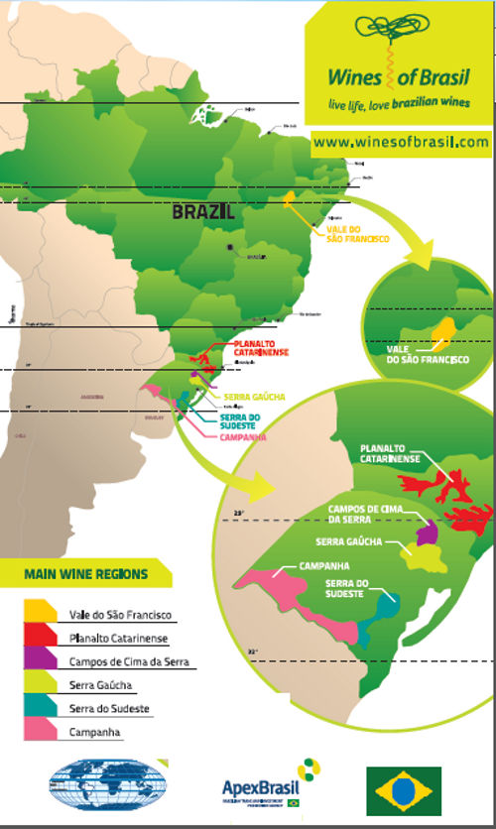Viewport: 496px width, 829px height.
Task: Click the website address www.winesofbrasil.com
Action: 401,143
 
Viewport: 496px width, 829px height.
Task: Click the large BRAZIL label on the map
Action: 202,211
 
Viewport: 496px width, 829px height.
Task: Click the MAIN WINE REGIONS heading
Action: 87,573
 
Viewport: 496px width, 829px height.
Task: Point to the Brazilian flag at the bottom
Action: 404,790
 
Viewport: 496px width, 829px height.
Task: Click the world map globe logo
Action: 97,788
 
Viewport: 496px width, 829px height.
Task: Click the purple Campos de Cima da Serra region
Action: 428,533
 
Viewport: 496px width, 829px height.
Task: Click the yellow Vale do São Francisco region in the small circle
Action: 445,331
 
